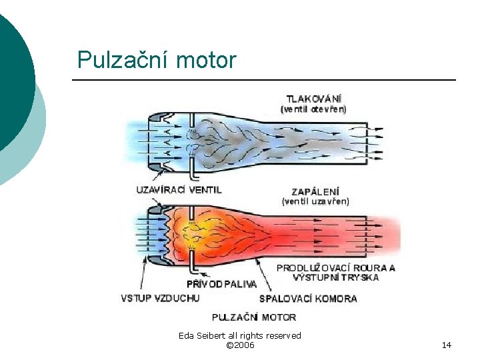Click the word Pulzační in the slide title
(x=123, y=61)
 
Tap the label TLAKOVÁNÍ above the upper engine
(x=314, y=98)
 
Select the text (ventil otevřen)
(x=313, y=109)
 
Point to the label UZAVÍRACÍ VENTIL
(x=179, y=189)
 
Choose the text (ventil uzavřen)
(x=315, y=201)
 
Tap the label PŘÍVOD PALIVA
(x=221, y=283)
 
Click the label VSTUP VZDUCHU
(x=160, y=298)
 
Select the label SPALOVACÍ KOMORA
(x=308, y=298)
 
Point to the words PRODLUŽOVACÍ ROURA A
(x=336, y=268)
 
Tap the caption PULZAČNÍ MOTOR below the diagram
(x=254, y=317)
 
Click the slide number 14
(x=446, y=345)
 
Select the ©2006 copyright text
(x=240, y=345)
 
